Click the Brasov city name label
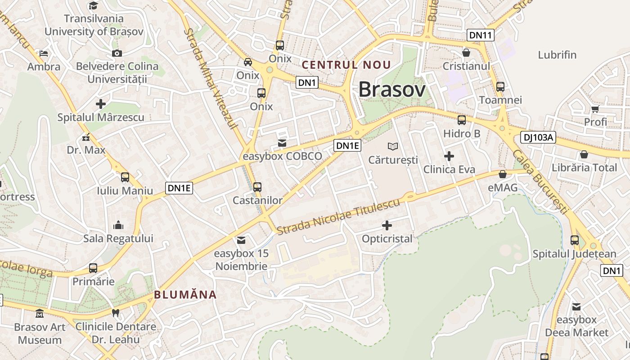[x=391, y=90]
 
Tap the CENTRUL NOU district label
[x=346, y=65]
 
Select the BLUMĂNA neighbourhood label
[x=185, y=295]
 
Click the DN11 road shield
[x=481, y=35]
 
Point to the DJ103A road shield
[x=538, y=138]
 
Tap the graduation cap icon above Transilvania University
[x=93, y=5]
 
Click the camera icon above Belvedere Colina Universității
[x=117, y=53]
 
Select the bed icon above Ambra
[x=44, y=54]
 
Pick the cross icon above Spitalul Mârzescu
[x=101, y=104]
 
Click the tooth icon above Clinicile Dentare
[x=116, y=313]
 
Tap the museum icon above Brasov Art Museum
[x=40, y=313]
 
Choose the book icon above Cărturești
[x=393, y=146]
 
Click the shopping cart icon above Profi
[x=595, y=108]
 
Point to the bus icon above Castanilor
[x=257, y=187]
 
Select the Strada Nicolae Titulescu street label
[x=338, y=216]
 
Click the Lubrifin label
[x=557, y=55]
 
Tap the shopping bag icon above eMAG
[x=503, y=174]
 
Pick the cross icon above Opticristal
[x=387, y=225]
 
